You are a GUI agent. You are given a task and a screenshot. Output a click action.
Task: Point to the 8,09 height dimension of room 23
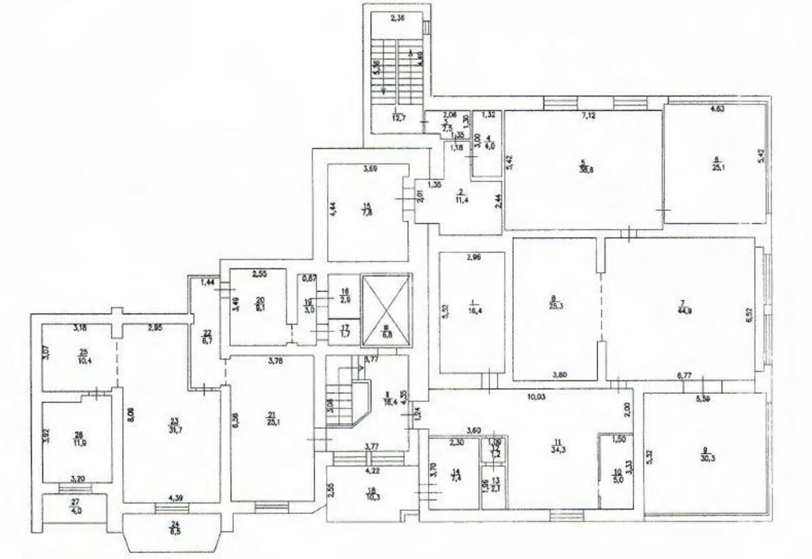(129, 408)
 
